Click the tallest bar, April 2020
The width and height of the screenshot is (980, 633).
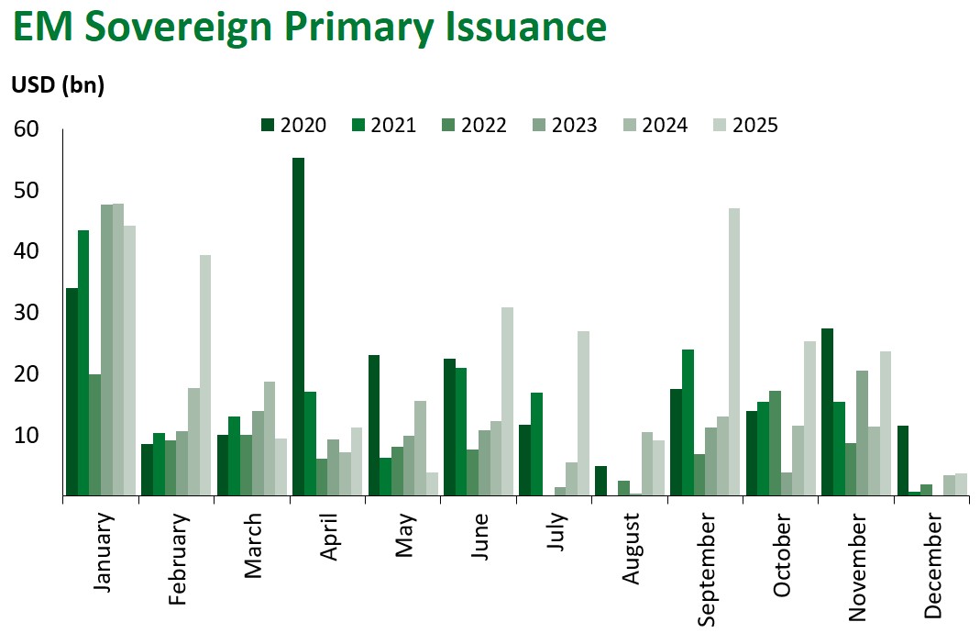(298, 327)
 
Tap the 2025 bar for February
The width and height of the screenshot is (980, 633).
(204, 375)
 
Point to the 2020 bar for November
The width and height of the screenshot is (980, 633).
(828, 412)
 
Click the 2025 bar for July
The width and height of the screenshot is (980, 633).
(582, 413)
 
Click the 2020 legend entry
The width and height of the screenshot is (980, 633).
(292, 126)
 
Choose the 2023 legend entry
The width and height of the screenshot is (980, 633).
(564, 126)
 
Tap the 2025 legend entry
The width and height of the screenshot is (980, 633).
(744, 126)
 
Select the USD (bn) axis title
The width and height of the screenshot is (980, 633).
(57, 86)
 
